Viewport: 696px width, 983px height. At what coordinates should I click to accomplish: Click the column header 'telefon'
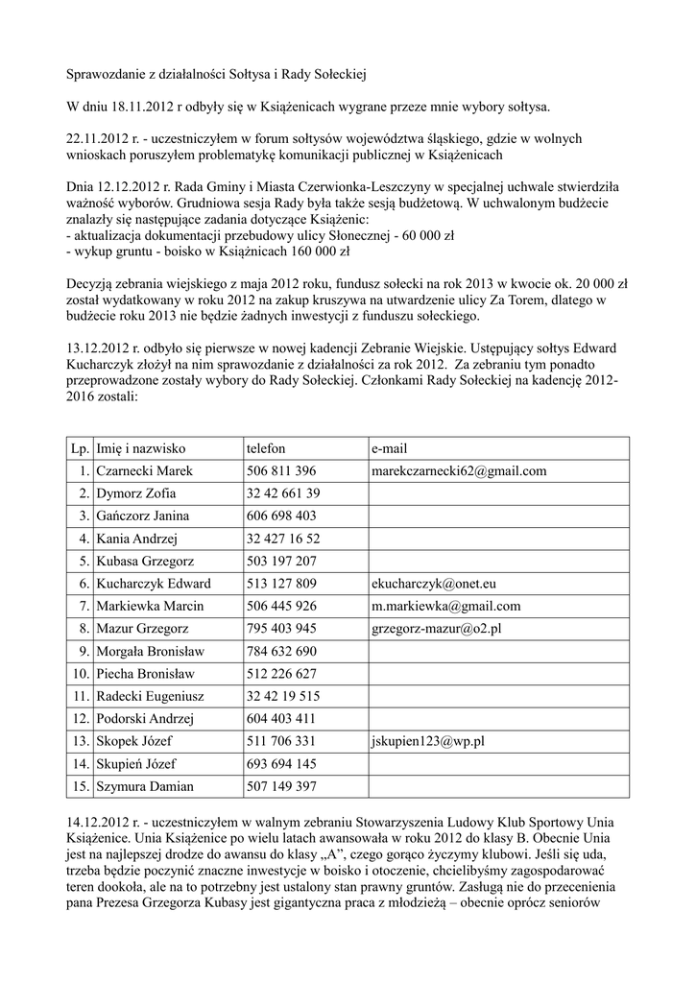(x=266, y=448)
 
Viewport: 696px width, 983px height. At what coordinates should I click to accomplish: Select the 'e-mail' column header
(x=390, y=448)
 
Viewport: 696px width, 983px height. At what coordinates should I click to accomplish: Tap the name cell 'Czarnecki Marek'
(x=144, y=470)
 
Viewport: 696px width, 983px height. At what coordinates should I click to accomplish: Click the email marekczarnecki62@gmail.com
(x=459, y=470)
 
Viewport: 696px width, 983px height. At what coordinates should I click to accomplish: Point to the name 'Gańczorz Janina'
(x=142, y=515)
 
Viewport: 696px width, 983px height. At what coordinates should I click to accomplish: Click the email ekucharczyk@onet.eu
(x=434, y=584)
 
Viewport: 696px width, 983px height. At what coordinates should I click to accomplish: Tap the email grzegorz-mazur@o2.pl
(x=437, y=629)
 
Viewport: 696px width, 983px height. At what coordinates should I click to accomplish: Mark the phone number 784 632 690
(x=281, y=651)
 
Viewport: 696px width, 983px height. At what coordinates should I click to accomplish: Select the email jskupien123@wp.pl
(x=427, y=741)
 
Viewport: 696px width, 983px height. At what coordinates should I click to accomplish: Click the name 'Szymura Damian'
(x=144, y=786)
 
